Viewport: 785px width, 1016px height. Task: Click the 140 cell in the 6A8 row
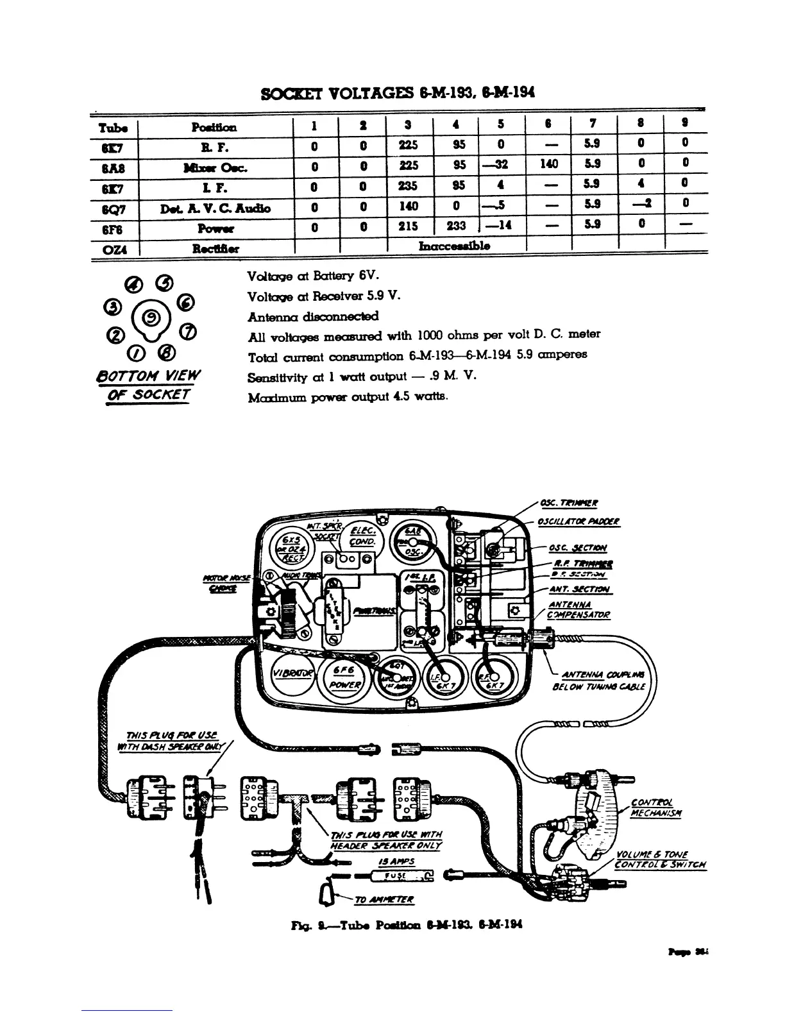click(x=548, y=165)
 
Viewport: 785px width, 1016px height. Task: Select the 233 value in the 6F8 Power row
click(x=457, y=226)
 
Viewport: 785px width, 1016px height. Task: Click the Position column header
click(x=214, y=127)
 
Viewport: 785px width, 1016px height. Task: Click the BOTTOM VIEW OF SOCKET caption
click(x=149, y=384)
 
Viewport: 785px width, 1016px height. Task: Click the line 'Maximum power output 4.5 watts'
click(x=348, y=396)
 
